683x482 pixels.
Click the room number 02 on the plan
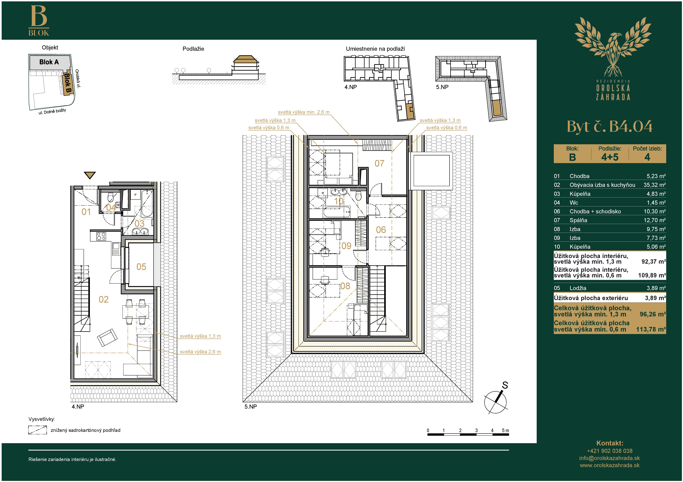[x=103, y=299]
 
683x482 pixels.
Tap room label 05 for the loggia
[x=141, y=267]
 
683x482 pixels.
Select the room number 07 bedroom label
[x=379, y=163]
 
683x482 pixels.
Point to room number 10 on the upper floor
[x=339, y=201]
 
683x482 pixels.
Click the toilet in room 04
[x=111, y=197]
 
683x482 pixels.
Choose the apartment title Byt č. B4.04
[x=610, y=127]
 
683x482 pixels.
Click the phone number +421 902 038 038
[x=610, y=451]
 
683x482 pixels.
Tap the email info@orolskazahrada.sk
[x=610, y=458]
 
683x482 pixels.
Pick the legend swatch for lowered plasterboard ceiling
[x=37, y=430]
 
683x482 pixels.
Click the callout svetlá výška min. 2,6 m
[x=304, y=112]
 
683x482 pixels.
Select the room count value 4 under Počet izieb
[x=647, y=157]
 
